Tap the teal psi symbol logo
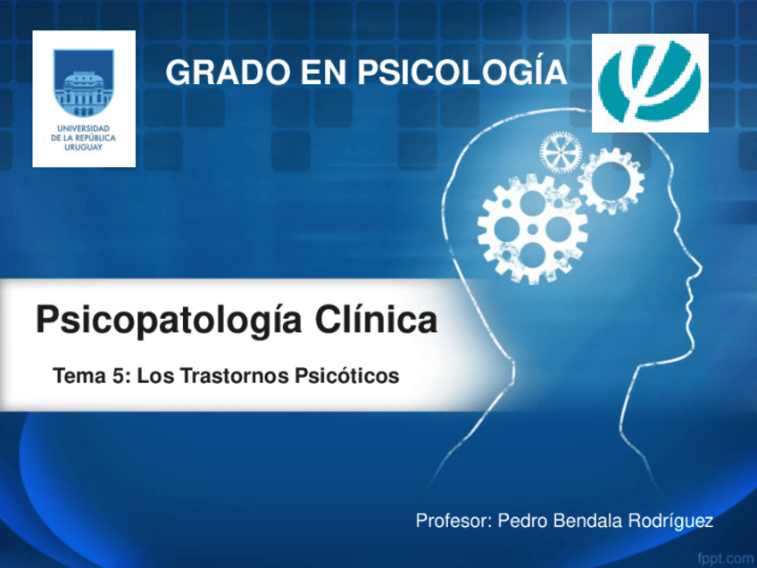(651, 82)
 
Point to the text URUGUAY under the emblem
(84, 147)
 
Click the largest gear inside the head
(531, 229)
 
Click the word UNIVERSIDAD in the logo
(84, 129)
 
